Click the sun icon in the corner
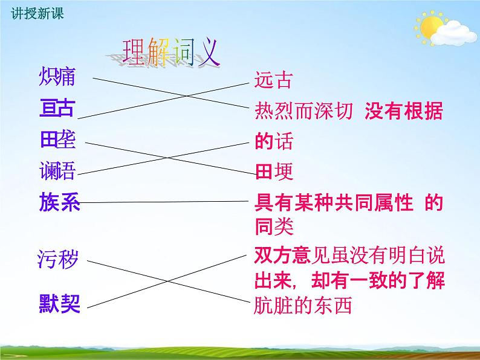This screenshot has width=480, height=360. coord(431,27)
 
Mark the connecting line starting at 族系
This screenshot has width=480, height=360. coord(163,202)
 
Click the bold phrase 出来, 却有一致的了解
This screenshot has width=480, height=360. coord(349,281)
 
